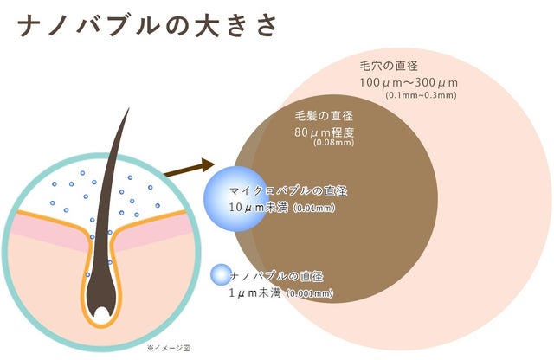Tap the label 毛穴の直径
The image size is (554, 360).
coord(389,66)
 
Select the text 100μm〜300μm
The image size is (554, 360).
coord(409,83)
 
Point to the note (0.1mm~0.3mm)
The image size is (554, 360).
coord(421,95)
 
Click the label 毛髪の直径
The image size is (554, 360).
coord(324,115)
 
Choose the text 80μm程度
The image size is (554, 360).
coord(324,132)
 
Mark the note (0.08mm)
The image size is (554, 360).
coord(333,143)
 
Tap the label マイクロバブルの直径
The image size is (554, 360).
coord(288,191)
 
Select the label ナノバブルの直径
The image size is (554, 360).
coord(276,276)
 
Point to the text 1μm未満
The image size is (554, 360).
coord(254,292)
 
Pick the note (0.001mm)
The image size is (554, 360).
coord(310,293)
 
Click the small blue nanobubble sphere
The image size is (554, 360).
coord(221,274)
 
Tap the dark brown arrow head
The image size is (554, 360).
coord(208,165)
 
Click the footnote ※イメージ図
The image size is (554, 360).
coord(169,349)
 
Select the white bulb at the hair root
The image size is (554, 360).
coord(102,313)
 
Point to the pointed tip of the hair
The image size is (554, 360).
coord(129,108)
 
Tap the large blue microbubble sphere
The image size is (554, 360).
coord(236,199)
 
